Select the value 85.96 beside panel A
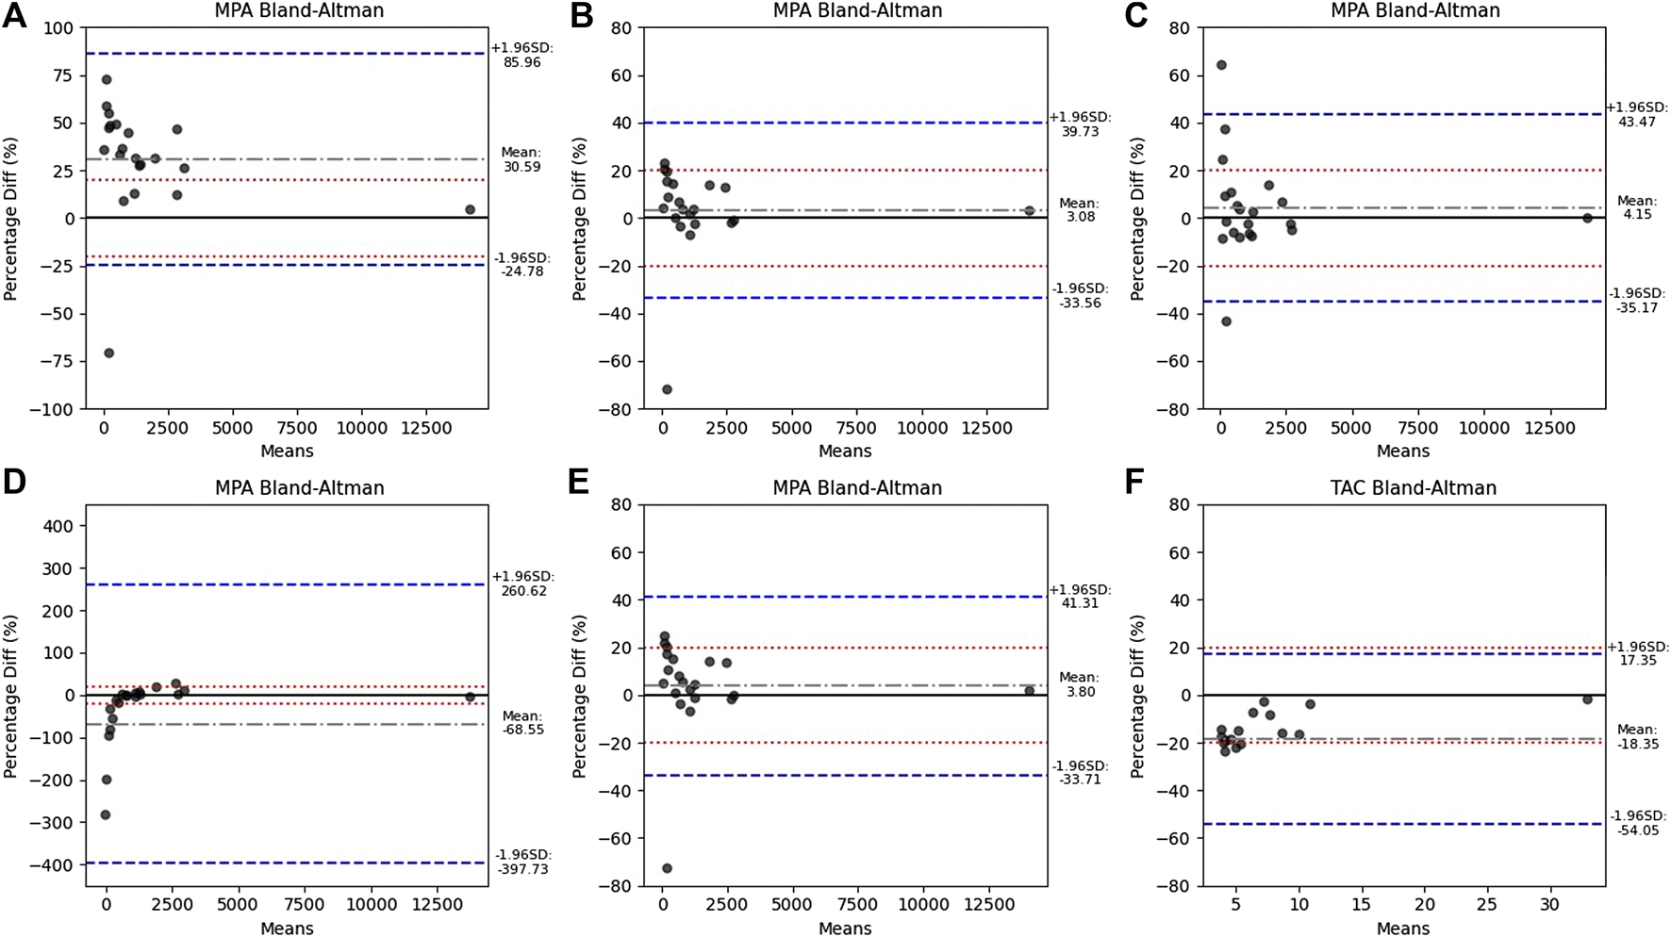[x=521, y=62]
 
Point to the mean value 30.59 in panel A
[x=521, y=167]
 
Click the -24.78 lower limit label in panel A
[x=521, y=272]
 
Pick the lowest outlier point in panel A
[x=108, y=353]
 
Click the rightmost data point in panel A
[x=470, y=209]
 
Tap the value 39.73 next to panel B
[x=1080, y=132]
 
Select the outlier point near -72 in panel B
[x=667, y=389]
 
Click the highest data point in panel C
[x=1221, y=65]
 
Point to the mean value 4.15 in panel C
[x=1637, y=215]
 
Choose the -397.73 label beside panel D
[x=521, y=868]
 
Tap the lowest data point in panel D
[x=106, y=814]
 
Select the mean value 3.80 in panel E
[x=1080, y=691]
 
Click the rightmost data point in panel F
[x=1587, y=699]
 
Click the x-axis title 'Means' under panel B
[x=844, y=452]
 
